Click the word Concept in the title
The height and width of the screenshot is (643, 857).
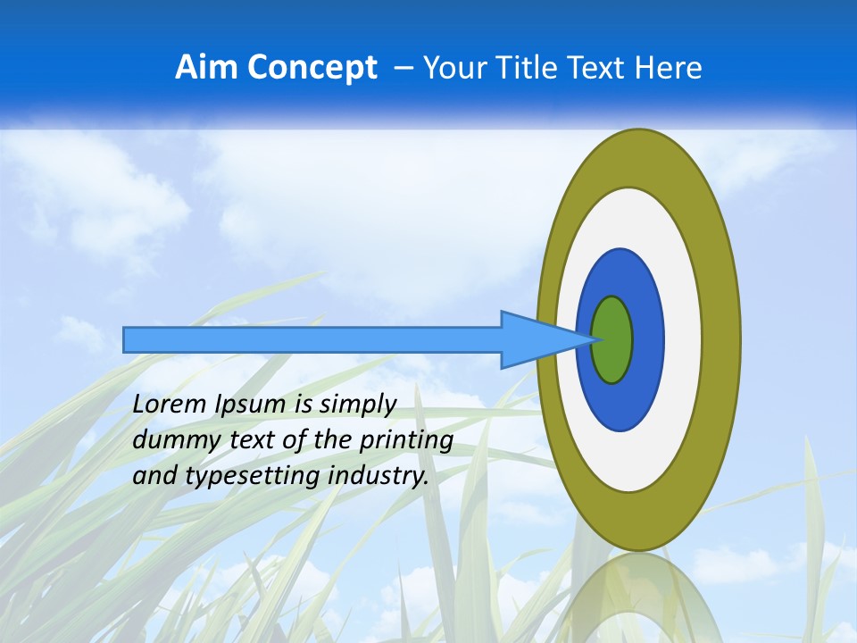click(x=311, y=68)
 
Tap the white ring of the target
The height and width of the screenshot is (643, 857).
click(x=682, y=339)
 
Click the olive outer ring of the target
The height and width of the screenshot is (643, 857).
click(x=721, y=339)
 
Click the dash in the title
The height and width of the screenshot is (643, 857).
click(x=403, y=69)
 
